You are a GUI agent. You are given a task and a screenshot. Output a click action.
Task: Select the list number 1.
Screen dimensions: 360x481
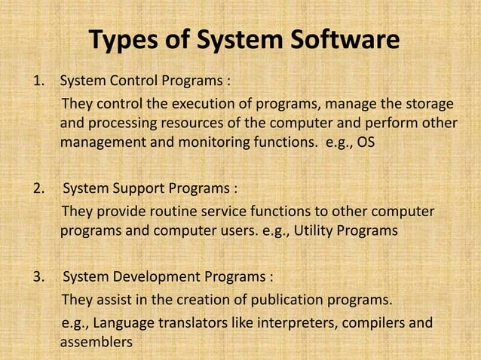(35, 81)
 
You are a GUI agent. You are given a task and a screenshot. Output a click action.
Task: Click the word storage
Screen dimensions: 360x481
(427, 103)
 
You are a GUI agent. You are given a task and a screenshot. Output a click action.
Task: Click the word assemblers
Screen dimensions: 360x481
(96, 343)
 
